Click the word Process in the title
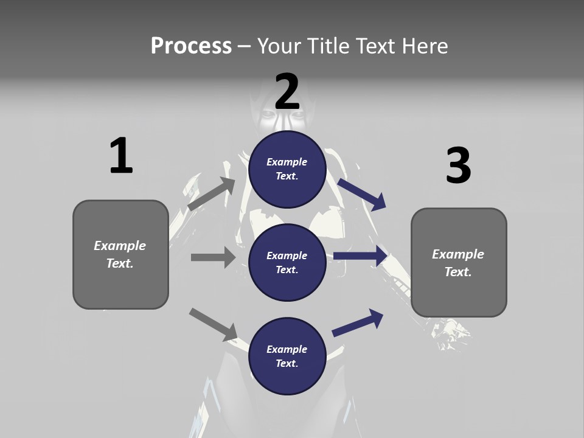pyautogui.click(x=191, y=46)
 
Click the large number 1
pyautogui.click(x=121, y=156)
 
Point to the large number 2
pyautogui.click(x=287, y=92)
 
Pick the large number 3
pyautogui.click(x=458, y=165)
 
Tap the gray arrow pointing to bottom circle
pyautogui.click(x=213, y=324)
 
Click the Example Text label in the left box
pyautogui.click(x=120, y=254)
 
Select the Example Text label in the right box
pyautogui.click(x=458, y=263)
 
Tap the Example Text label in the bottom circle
pyautogui.click(x=287, y=356)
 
